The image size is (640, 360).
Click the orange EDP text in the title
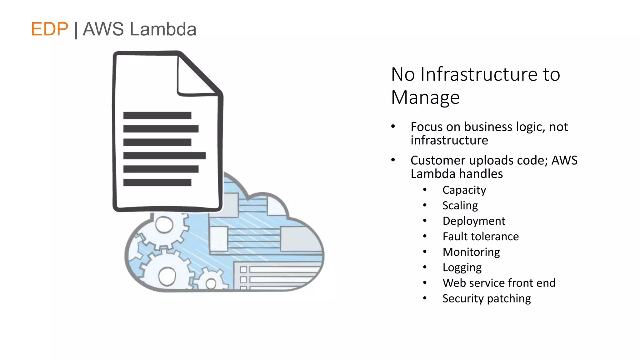[x=49, y=29]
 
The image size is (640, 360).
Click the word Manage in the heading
[x=425, y=97]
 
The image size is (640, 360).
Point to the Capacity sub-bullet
[x=464, y=190]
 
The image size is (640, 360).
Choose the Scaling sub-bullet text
[x=460, y=206]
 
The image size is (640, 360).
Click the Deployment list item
[x=474, y=221]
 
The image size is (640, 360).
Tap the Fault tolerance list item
[x=480, y=237]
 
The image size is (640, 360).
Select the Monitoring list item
[x=471, y=252]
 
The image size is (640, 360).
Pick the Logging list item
[x=462, y=267]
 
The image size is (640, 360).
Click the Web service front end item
[x=499, y=283]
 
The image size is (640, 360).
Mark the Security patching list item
[x=486, y=298]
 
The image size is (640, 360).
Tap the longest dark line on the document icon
[x=164, y=156]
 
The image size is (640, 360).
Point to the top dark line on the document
[x=157, y=115]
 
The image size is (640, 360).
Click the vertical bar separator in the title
[x=76, y=30]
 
